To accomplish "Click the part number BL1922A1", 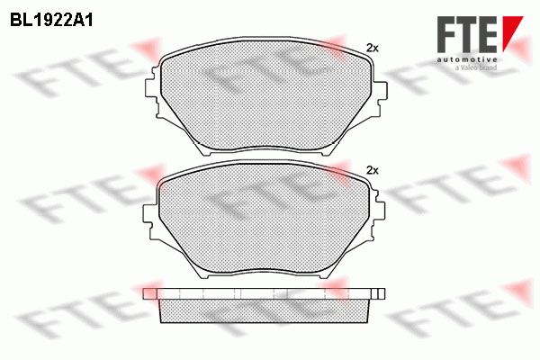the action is pyautogui.click(x=51, y=21).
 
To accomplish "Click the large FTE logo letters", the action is pyautogui.click(x=466, y=34).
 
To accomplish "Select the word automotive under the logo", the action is pyautogui.click(x=467, y=59).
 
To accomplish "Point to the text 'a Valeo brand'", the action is pyautogui.click(x=476, y=67).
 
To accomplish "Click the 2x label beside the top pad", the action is pyautogui.click(x=372, y=49).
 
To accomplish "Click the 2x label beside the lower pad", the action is pyautogui.click(x=373, y=170).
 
